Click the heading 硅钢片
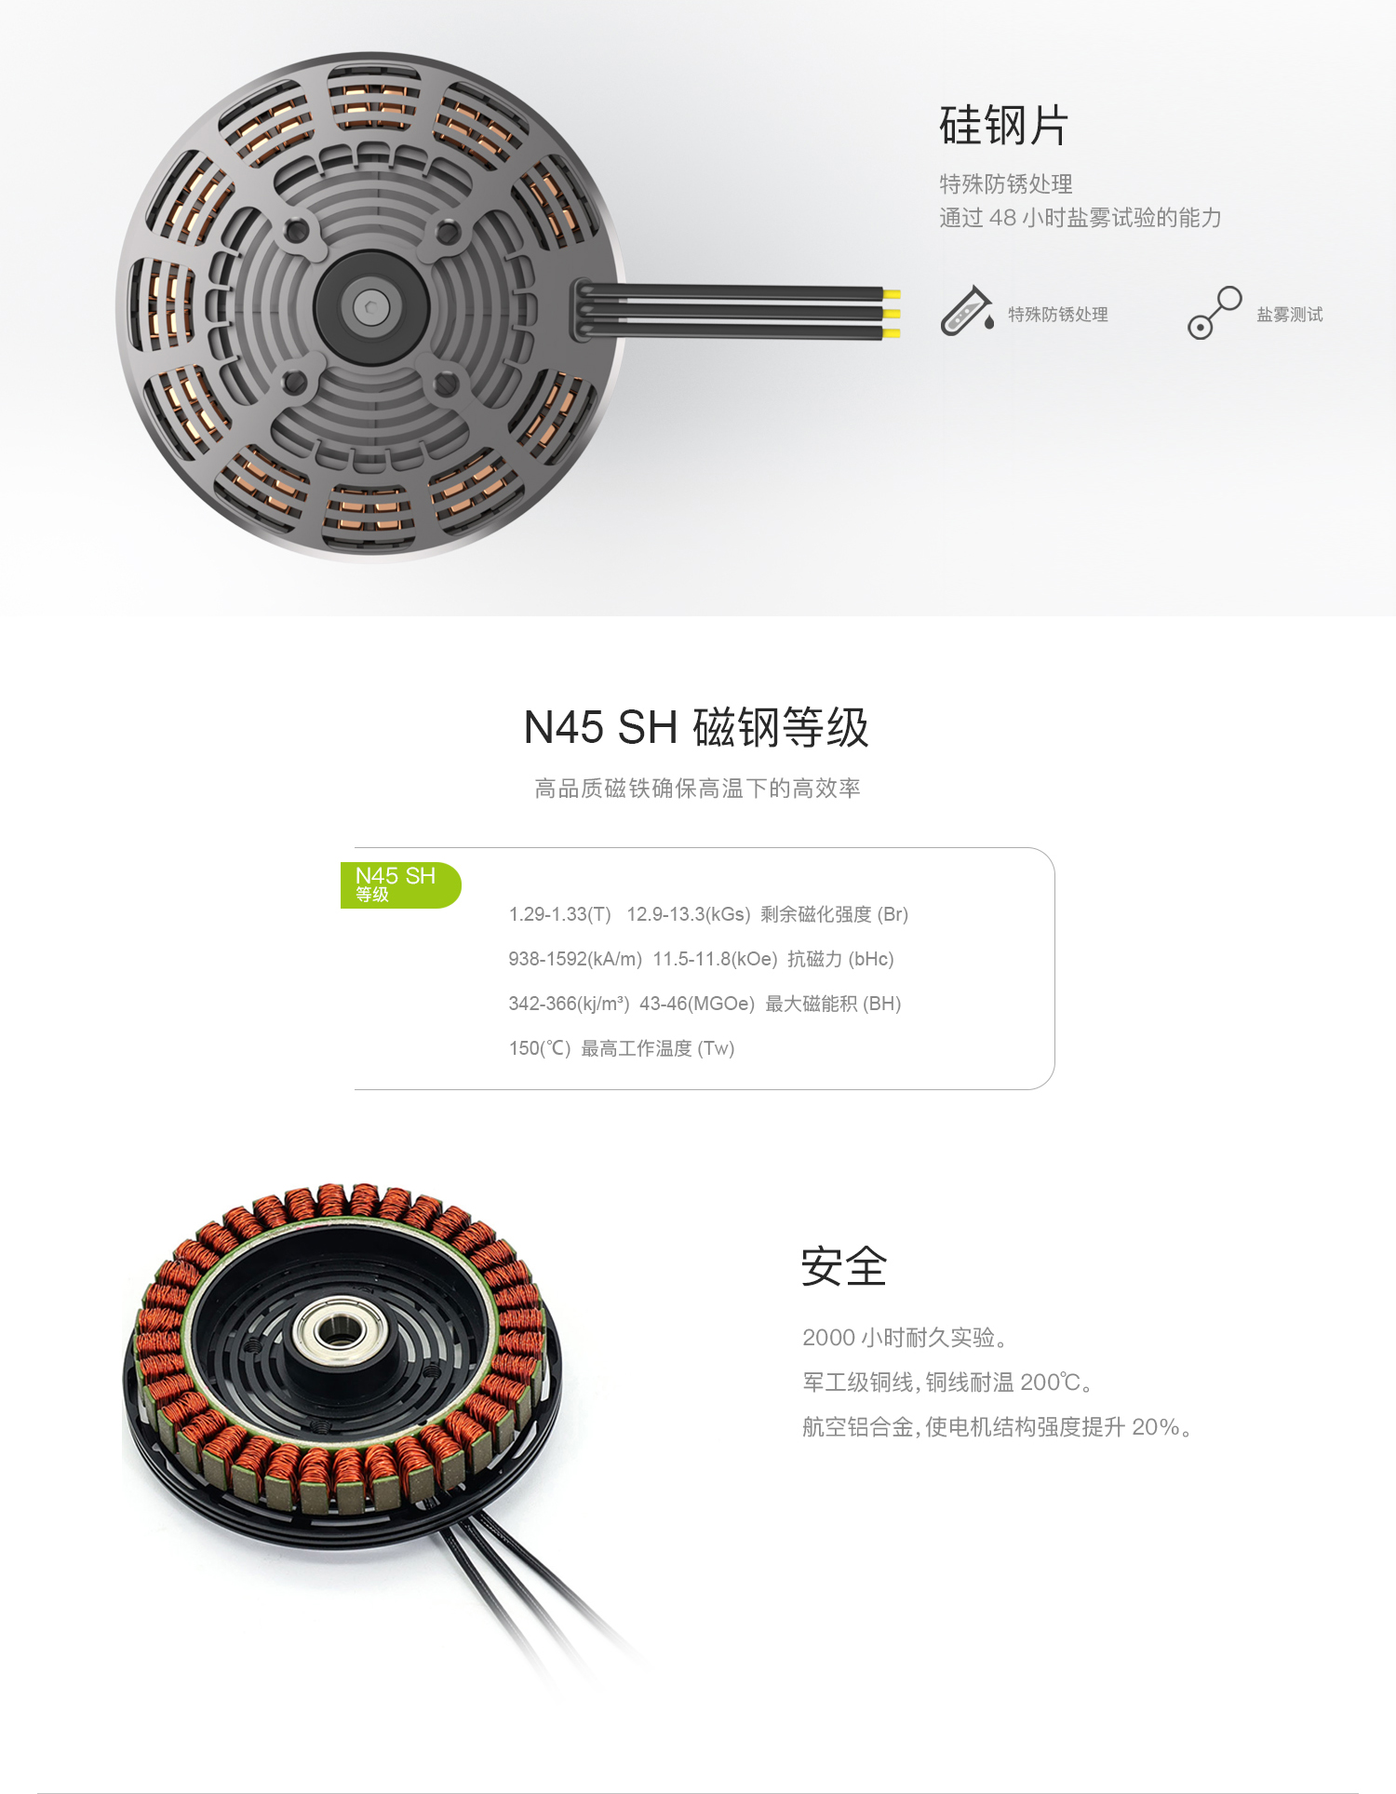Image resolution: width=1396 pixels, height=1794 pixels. point(1003,126)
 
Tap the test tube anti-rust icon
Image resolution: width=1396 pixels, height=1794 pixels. point(966,312)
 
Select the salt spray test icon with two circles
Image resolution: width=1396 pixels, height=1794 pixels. point(1214,313)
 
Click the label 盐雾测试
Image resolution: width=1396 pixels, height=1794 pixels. point(1289,315)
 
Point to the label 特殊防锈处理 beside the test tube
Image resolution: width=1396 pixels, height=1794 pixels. point(1057,315)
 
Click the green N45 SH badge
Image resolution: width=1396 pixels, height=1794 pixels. point(398,884)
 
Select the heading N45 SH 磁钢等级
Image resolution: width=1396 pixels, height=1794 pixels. point(696,727)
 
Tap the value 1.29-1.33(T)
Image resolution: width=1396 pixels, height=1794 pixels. point(559,914)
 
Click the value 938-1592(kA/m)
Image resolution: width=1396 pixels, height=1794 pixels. point(574,959)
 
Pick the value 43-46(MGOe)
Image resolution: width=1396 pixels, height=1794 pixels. point(696,1004)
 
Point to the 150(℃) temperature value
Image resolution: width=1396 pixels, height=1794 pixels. point(539,1048)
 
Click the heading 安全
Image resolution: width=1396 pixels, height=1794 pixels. point(843,1266)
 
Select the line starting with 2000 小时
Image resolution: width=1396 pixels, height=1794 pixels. point(904,1338)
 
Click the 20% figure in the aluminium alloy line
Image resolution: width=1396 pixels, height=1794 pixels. point(1155,1427)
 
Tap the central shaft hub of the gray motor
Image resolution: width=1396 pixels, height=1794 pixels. point(371,305)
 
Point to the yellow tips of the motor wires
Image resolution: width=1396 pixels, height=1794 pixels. point(891,314)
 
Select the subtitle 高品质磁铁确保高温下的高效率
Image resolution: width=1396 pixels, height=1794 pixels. point(696,789)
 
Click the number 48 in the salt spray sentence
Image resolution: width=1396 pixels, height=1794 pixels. point(1001,218)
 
